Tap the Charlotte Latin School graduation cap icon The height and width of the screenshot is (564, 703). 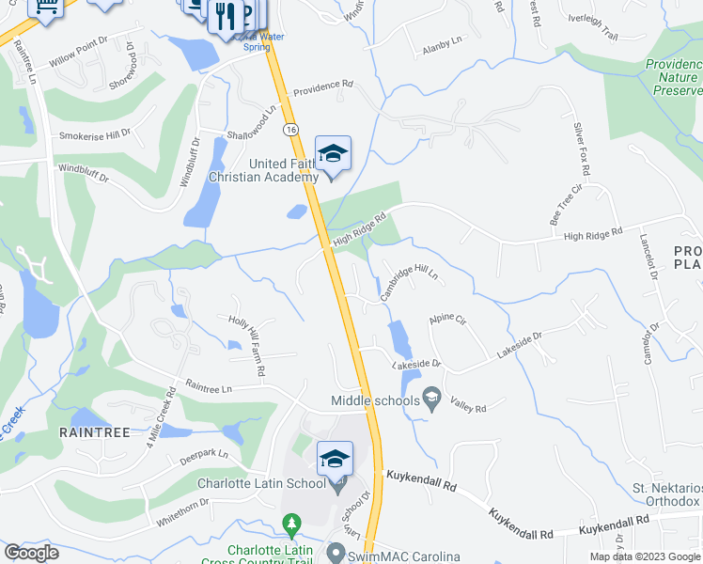[x=335, y=460]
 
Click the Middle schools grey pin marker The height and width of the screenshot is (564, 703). [x=431, y=400]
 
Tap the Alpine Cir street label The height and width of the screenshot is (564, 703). [x=447, y=320]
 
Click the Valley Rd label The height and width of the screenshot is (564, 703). [x=467, y=408]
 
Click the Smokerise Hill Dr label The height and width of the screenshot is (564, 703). [x=95, y=134]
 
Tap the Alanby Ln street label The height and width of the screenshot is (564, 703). [x=443, y=41]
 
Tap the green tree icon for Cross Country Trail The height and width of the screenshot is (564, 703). [x=292, y=523]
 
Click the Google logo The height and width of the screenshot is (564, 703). [x=32, y=553]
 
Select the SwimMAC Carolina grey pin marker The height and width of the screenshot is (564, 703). [x=335, y=553]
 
